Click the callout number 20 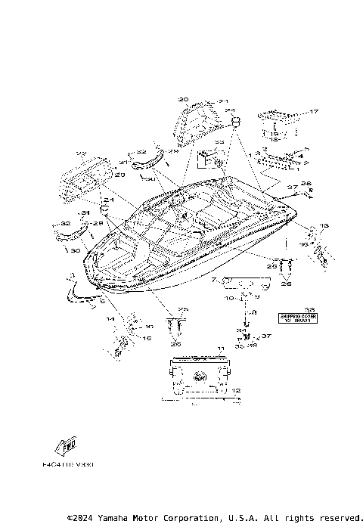(x=183, y=99)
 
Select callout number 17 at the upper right (x=314, y=112)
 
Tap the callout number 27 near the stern (x=292, y=188)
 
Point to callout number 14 (x=110, y=320)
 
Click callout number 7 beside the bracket (x=214, y=280)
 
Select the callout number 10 (x=228, y=298)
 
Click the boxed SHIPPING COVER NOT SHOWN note (x=297, y=317)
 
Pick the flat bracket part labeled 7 (x=242, y=281)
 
